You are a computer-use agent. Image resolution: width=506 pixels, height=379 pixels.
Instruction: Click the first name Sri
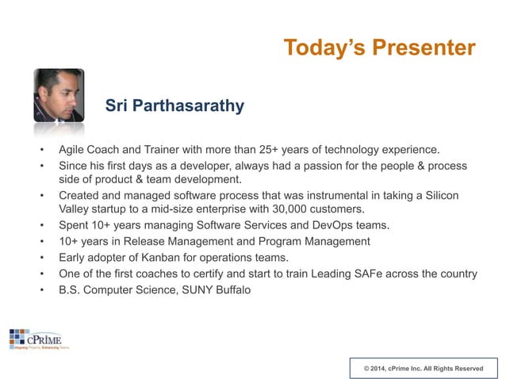[x=119, y=106]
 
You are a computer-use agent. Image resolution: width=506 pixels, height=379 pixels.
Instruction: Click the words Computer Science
[x=121, y=289]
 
